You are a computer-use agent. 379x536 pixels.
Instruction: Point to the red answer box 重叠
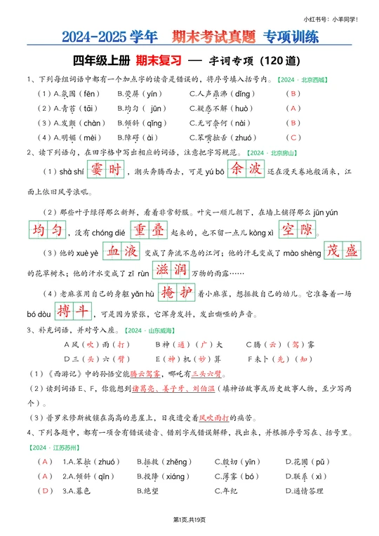pos(148,230)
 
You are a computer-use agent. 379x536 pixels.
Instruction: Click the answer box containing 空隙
pos(298,230)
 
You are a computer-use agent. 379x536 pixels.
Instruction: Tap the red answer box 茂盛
pos(342,250)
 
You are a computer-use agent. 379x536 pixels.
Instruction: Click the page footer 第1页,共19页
pos(189,519)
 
